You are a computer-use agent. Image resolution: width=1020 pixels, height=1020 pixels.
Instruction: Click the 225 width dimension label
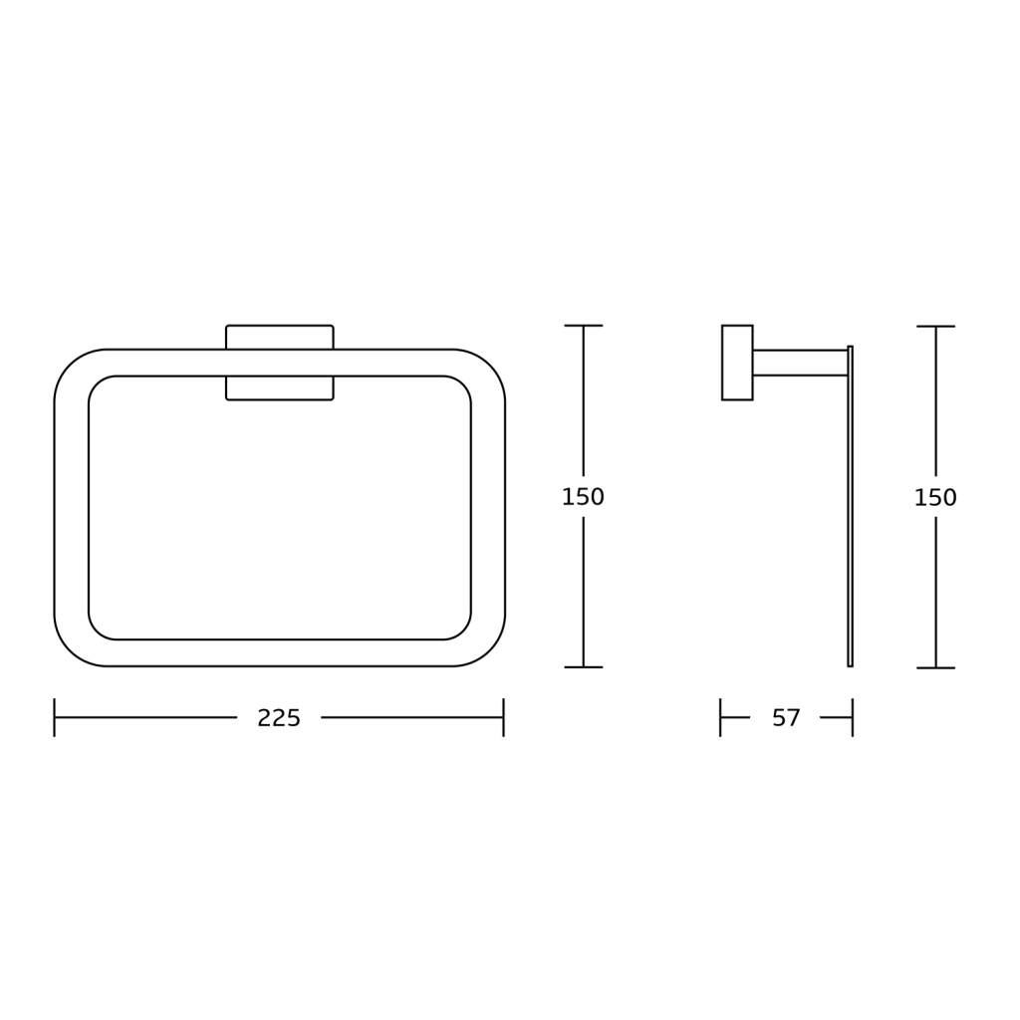click(x=279, y=718)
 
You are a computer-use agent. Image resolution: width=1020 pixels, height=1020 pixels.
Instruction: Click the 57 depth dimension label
click(x=786, y=718)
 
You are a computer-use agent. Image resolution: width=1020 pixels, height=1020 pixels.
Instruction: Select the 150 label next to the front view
click(x=583, y=497)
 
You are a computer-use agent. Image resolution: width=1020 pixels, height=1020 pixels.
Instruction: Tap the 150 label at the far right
click(x=935, y=498)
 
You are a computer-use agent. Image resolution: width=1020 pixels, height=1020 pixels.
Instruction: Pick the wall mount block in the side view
click(x=737, y=363)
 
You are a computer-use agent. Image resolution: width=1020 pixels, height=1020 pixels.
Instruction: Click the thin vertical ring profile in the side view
click(x=851, y=506)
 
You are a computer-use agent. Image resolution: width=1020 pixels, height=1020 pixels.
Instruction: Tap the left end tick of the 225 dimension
click(x=54, y=717)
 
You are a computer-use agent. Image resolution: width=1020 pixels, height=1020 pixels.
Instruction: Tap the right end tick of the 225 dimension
click(x=503, y=717)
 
